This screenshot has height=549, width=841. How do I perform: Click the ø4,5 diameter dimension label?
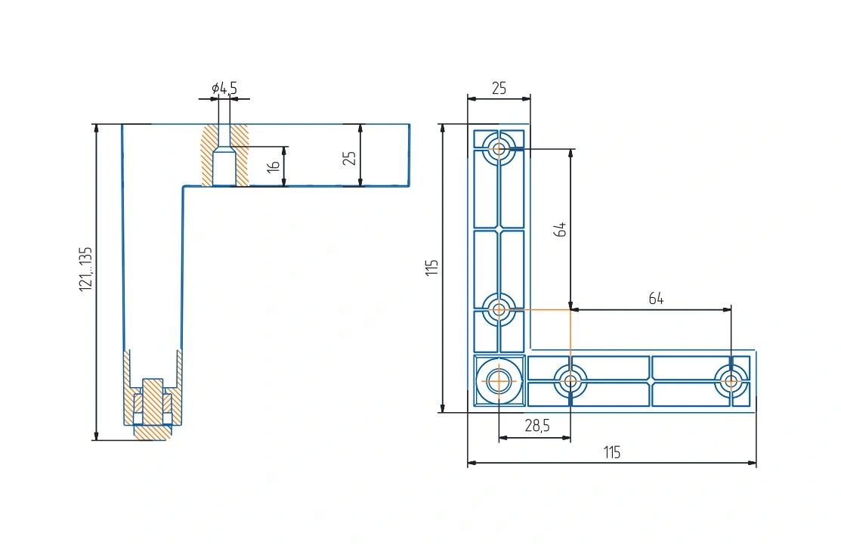pyautogui.click(x=224, y=88)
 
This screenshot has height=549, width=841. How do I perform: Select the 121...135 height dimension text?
pyautogui.click(x=86, y=269)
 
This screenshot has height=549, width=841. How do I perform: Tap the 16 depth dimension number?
pyautogui.click(x=274, y=166)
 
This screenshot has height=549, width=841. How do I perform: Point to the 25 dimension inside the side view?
pyautogui.click(x=349, y=158)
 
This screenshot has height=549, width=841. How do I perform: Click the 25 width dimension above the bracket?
pyautogui.click(x=499, y=88)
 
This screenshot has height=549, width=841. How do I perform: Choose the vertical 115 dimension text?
pyautogui.click(x=431, y=268)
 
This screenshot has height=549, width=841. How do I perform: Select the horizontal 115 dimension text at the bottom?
pyautogui.click(x=612, y=452)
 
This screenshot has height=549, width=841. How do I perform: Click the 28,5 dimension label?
pyautogui.click(x=537, y=426)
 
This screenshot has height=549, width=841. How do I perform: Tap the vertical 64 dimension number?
pyautogui.click(x=560, y=229)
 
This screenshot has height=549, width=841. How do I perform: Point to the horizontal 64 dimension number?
pyautogui.click(x=656, y=299)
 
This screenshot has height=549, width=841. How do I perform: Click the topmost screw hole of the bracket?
pyautogui.click(x=499, y=149)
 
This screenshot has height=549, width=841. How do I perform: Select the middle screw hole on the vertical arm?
pyautogui.click(x=499, y=309)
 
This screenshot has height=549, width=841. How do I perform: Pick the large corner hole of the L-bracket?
pyautogui.click(x=499, y=381)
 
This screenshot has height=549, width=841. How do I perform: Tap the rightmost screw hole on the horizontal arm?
pyautogui.click(x=731, y=381)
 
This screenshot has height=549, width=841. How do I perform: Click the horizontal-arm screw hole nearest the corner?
pyautogui.click(x=570, y=381)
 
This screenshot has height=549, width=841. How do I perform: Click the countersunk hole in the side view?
pyautogui.click(x=224, y=156)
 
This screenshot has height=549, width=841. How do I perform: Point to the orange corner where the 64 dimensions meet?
pyautogui.click(x=570, y=309)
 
